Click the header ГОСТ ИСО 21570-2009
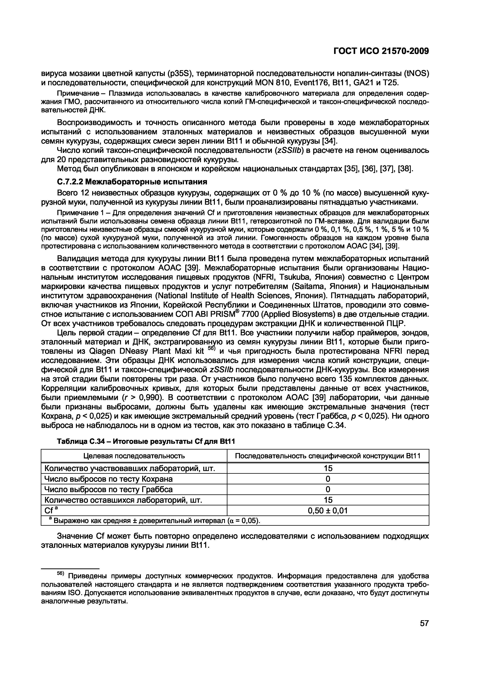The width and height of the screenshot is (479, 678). [381, 51]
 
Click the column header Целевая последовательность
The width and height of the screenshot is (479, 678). [134, 456]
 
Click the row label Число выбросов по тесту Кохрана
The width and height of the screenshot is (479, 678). [108, 479]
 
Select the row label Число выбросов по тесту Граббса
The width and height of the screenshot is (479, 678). [108, 489]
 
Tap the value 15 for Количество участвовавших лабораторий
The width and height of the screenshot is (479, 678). [328, 468]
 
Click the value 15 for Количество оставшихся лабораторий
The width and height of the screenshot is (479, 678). [328, 500]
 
